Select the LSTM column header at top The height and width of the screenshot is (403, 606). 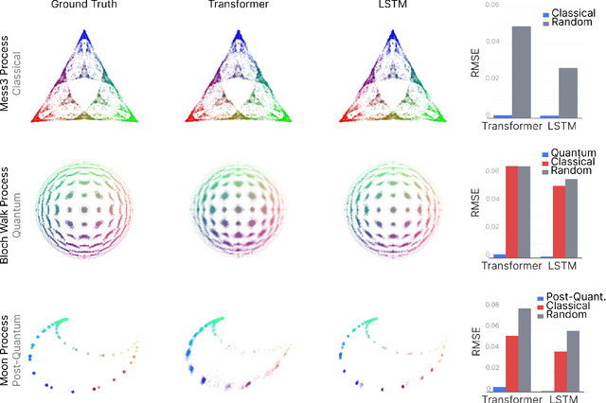tap(391, 9)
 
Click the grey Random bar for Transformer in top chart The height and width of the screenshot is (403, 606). tap(522, 72)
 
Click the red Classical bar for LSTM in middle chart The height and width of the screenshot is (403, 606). tap(559, 221)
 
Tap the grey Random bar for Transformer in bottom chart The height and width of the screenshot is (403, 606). tap(524, 350)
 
